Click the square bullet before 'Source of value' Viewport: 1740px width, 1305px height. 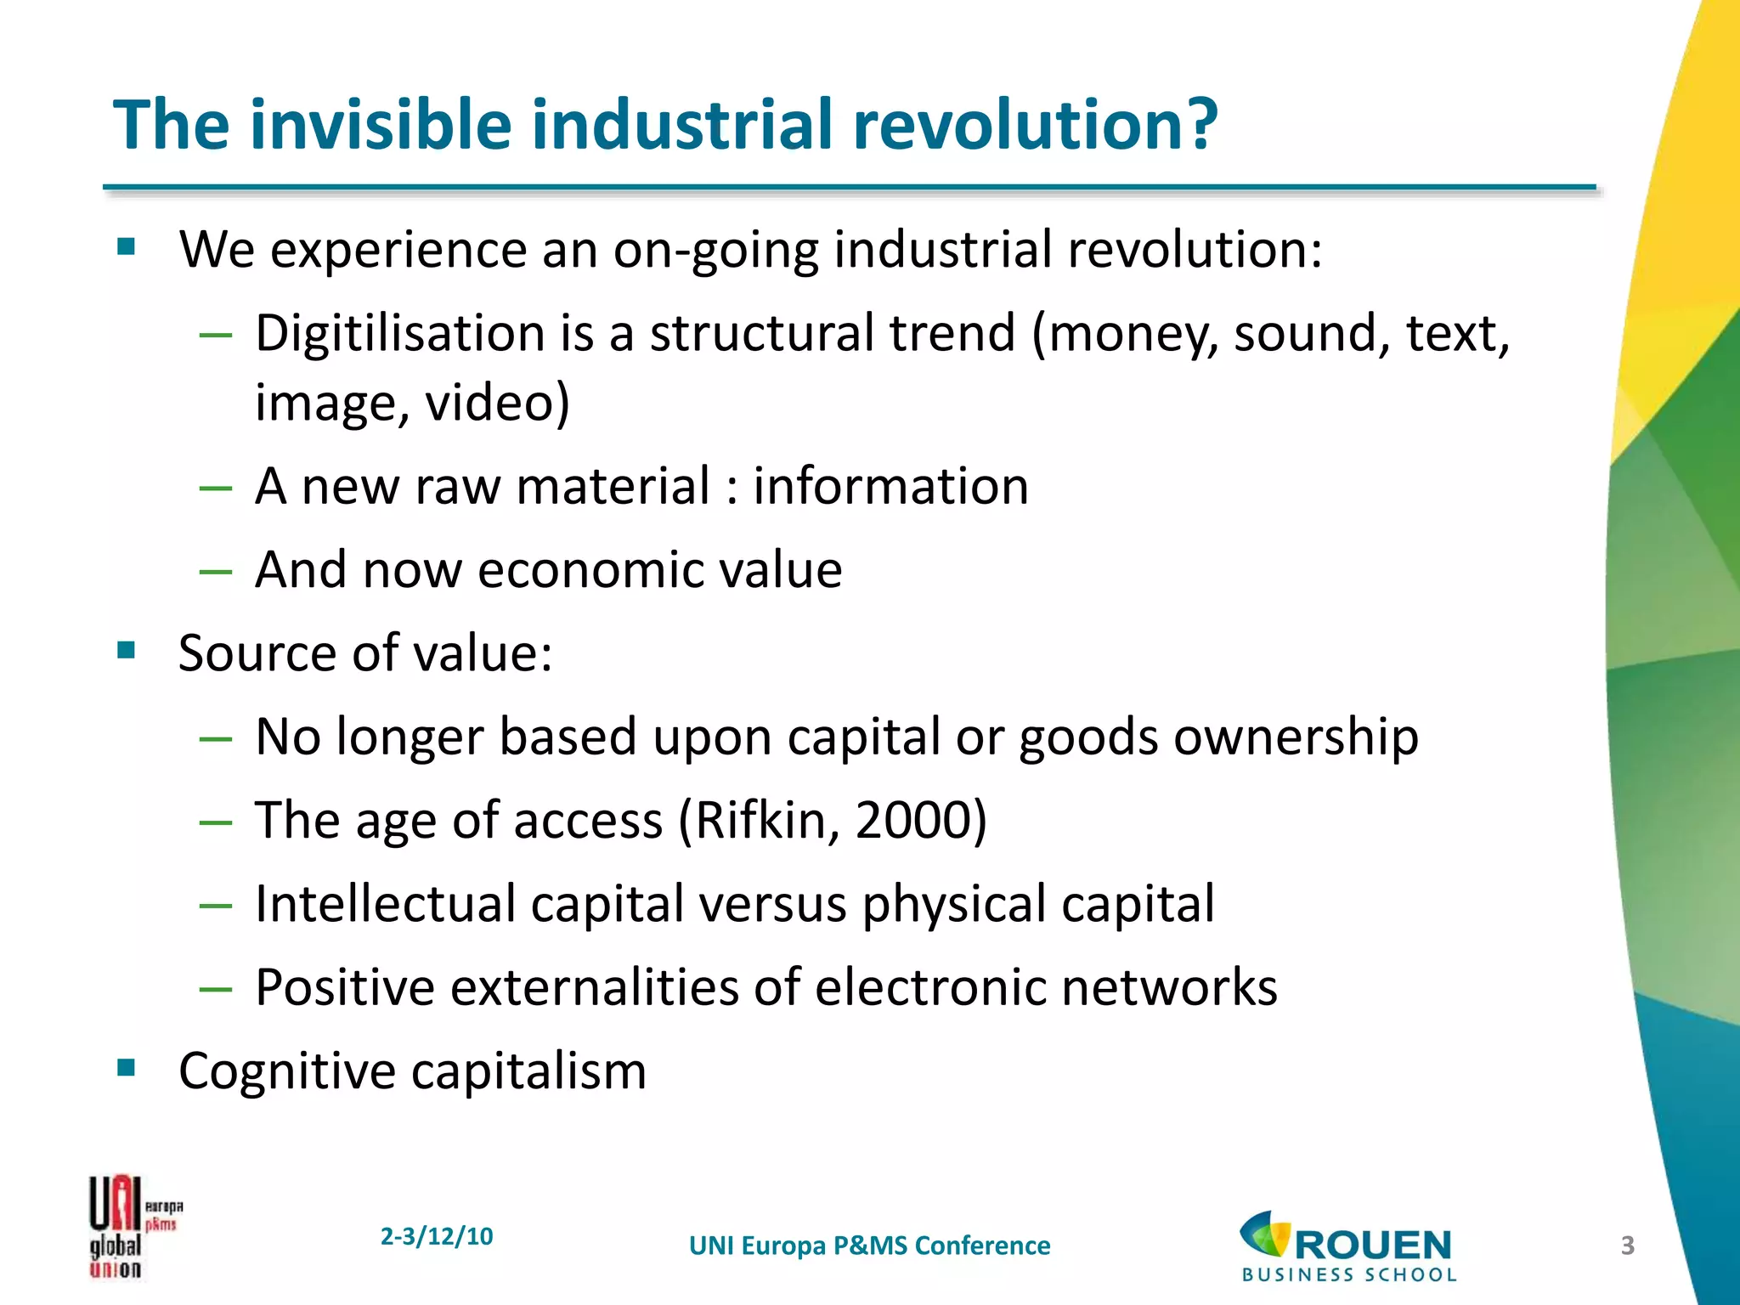point(127,651)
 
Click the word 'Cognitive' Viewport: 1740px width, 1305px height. point(287,1071)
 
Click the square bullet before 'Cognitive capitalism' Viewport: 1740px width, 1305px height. point(127,1067)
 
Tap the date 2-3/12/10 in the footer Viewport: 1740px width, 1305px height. point(436,1236)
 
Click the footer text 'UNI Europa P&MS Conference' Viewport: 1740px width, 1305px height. point(869,1246)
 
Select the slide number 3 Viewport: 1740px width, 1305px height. point(1627,1246)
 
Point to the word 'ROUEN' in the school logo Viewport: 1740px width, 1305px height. point(1373,1246)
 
